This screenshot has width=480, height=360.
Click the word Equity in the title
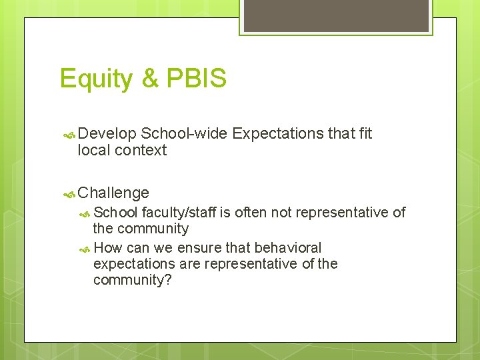[96, 79]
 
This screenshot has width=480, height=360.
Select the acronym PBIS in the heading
[196, 79]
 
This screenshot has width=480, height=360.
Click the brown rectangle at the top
[336, 15]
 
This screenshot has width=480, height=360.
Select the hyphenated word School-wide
[184, 133]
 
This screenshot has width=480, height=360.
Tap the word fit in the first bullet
[365, 133]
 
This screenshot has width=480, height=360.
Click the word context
[141, 151]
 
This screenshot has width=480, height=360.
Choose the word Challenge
[113, 193]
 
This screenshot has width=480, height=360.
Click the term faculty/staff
[179, 213]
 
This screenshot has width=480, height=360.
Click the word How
[108, 248]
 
